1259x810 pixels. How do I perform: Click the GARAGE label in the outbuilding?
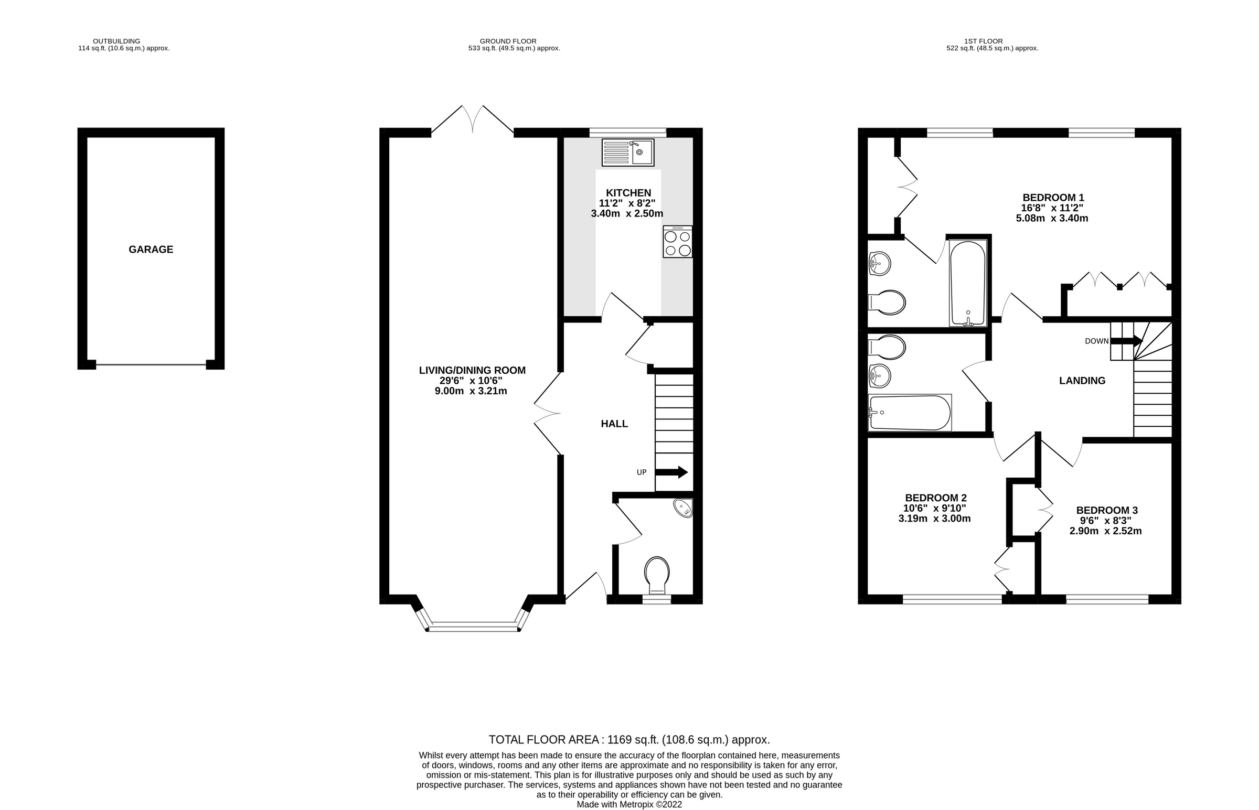pyautogui.click(x=151, y=250)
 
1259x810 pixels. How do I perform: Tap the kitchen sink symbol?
pyautogui.click(x=627, y=153)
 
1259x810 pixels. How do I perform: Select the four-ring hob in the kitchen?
pyautogui.click(x=677, y=242)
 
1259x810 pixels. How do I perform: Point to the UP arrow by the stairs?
pyautogui.click(x=671, y=472)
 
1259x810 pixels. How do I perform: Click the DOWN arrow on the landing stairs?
pyautogui.click(x=1126, y=341)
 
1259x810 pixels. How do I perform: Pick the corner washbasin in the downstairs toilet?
pyautogui.click(x=683, y=507)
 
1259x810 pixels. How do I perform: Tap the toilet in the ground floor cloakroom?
pyautogui.click(x=657, y=575)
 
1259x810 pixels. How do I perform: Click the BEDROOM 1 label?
pyautogui.click(x=1053, y=197)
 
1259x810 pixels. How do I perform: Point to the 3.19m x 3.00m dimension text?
pyautogui.click(x=934, y=519)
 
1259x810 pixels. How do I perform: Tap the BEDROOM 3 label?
pyautogui.click(x=1106, y=510)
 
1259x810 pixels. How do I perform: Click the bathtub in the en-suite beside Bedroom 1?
pyautogui.click(x=967, y=283)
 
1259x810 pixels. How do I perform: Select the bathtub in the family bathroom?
pyautogui.click(x=910, y=413)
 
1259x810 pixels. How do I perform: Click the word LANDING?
pyautogui.click(x=1082, y=380)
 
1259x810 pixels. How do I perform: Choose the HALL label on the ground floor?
pyautogui.click(x=614, y=424)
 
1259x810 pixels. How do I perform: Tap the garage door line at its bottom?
pyautogui.click(x=151, y=364)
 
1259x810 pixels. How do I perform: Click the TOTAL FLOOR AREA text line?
pyautogui.click(x=628, y=740)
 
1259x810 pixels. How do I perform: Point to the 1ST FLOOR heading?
pyautogui.click(x=983, y=41)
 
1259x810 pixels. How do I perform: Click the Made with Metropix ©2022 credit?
pyautogui.click(x=628, y=804)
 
